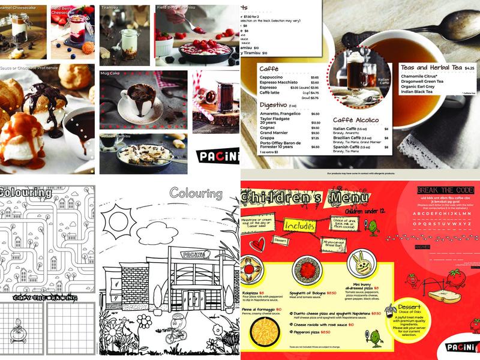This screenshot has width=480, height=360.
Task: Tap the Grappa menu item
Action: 268,139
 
